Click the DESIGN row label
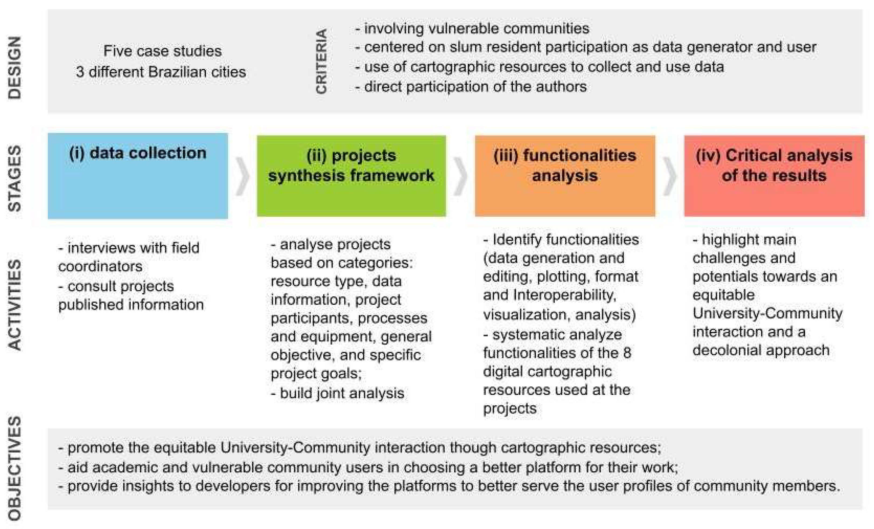pos(15,67)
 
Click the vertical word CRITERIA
pos(321,61)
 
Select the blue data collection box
pos(138,176)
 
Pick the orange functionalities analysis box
pos(565,176)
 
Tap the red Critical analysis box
pos(774,176)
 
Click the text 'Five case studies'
pos(162,51)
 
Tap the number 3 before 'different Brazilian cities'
pos(80,72)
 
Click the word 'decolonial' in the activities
pos(726,350)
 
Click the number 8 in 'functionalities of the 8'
pos(627,353)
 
